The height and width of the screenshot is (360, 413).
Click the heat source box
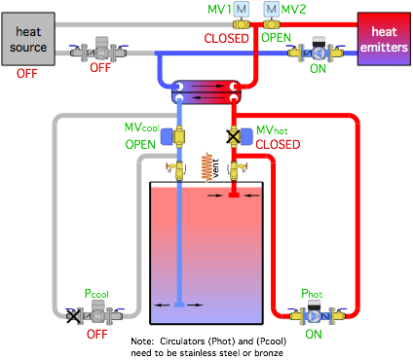[28, 39]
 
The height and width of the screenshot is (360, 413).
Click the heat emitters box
[384, 39]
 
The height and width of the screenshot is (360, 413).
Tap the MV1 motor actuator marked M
[242, 9]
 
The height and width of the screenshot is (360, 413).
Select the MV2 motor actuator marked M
[272, 9]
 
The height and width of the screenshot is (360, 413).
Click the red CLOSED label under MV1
[226, 39]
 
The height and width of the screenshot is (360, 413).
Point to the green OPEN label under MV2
[276, 38]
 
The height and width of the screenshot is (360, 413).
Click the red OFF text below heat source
[27, 74]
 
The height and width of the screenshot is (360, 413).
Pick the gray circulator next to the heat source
[99, 51]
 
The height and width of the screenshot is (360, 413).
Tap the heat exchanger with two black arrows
[206, 91]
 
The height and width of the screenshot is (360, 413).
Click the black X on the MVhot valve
[233, 136]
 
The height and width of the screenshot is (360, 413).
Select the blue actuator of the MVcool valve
[167, 136]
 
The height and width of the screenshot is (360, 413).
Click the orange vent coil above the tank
[206, 166]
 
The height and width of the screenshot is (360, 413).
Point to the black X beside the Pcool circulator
[73, 316]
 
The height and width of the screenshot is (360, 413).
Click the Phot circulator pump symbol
[315, 314]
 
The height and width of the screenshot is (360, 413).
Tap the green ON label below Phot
[314, 335]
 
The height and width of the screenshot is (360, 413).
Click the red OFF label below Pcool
[96, 335]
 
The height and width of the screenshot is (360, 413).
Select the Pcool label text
[96, 294]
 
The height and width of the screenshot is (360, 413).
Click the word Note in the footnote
[141, 342]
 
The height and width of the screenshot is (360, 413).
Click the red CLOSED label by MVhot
[278, 145]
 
